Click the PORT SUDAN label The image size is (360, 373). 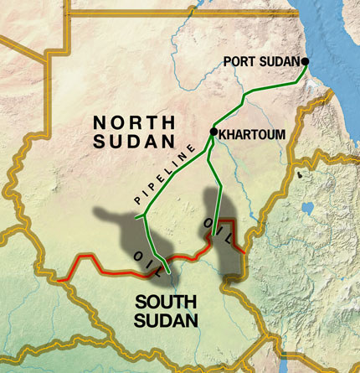click(262, 61)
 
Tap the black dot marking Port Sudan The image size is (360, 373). click(305, 62)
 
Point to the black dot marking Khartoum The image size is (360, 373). click(213, 132)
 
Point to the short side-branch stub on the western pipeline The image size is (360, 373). click(141, 227)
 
